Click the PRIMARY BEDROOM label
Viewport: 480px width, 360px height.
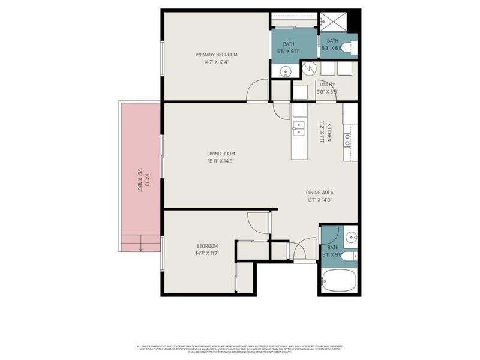(212, 55)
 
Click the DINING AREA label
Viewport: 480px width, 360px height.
(320, 193)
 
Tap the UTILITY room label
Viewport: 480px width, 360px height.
(327, 85)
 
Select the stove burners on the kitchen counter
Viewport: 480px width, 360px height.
(347, 140)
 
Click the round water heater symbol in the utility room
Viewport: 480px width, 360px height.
(309, 69)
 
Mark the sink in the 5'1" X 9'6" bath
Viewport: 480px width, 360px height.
(352, 235)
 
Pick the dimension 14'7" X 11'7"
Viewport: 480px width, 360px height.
(207, 254)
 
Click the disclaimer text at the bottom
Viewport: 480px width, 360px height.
(240, 349)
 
